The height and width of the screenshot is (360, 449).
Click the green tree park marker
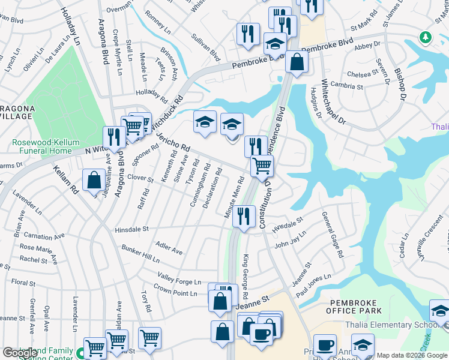pos(426,37)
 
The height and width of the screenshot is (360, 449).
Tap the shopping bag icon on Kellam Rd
pos(94,180)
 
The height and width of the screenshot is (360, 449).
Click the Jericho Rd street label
pos(173,141)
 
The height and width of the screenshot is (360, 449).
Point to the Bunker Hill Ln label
pos(141,254)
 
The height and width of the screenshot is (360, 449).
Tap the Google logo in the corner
pos(20,353)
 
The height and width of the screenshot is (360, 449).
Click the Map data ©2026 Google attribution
pos(412,355)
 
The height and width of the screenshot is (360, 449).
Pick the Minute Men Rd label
pos(238,193)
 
